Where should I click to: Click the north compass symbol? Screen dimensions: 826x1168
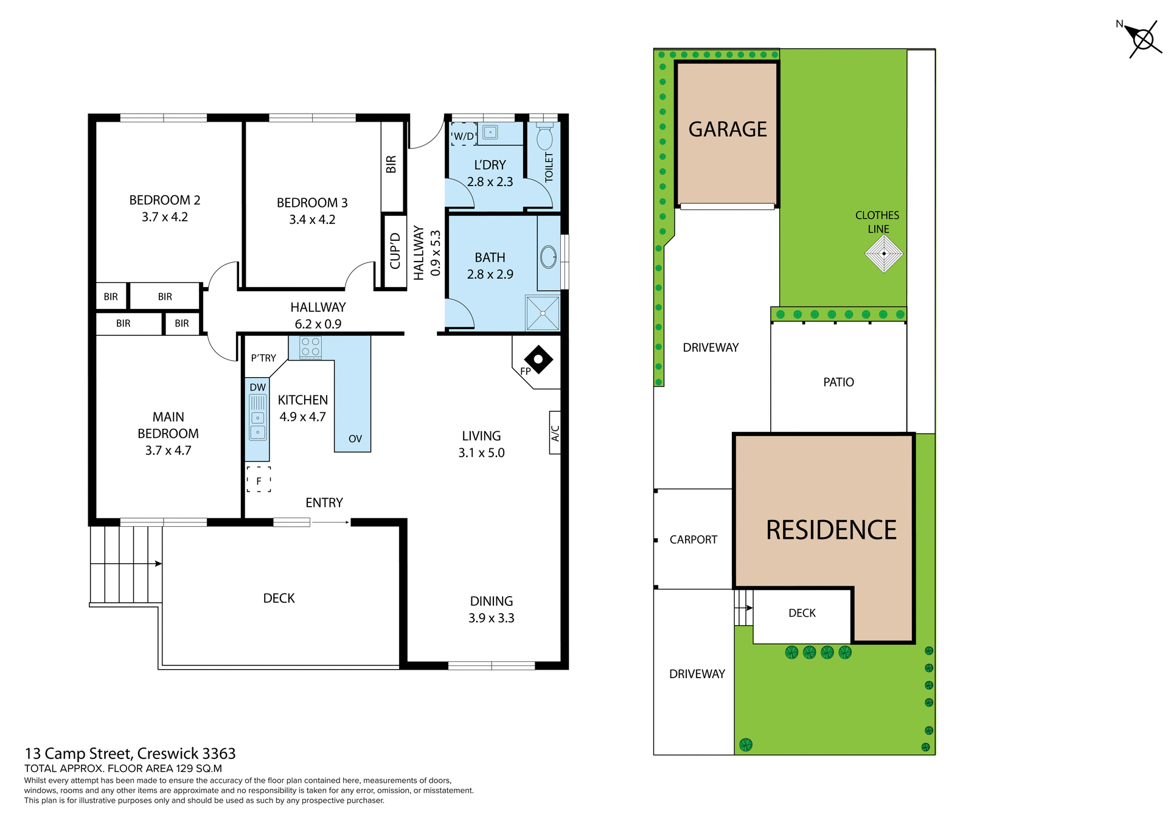coord(1143,40)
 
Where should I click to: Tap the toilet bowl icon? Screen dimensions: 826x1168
coord(544,137)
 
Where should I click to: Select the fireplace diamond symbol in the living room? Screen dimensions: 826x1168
coord(538,359)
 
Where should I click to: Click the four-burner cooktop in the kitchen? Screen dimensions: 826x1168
coord(310,347)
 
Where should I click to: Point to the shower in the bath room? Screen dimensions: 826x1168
coord(543,313)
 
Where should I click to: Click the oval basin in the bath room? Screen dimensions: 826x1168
coord(548,257)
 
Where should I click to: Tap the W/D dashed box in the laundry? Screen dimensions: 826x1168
coord(464,136)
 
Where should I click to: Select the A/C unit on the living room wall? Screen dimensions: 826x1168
coord(555,432)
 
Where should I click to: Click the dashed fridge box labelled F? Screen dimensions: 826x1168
coord(259,480)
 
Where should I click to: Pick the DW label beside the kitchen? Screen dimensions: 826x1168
coord(258,387)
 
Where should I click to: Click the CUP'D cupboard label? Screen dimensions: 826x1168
coord(395,251)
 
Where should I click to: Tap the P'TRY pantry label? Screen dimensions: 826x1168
coord(263,358)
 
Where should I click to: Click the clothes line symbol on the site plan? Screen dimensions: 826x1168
coord(883,254)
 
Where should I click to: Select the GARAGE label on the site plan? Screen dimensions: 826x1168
coord(728,130)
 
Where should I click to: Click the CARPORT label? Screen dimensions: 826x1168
coord(693,540)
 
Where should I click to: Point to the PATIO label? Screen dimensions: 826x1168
coord(838,382)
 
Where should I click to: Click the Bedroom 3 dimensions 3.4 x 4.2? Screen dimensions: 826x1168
coord(312,220)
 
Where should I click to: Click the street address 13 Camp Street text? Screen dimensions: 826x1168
coord(130,754)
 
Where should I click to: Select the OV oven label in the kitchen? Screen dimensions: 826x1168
coord(355,439)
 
